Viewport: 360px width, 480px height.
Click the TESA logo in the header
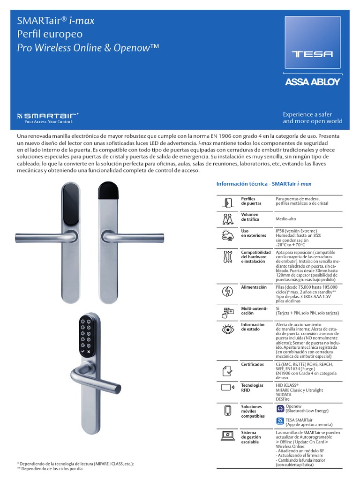[x=312, y=54]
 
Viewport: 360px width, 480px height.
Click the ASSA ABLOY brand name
[x=312, y=82]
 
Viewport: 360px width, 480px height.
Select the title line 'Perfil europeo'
[x=50, y=34]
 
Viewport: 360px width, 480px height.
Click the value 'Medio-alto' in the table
[x=286, y=219]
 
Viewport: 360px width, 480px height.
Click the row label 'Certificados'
[x=252, y=364]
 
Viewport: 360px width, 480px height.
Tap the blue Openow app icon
[x=280, y=408]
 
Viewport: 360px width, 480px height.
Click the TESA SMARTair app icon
[x=280, y=421]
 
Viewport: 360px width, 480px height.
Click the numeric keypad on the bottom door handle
[x=85, y=334]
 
